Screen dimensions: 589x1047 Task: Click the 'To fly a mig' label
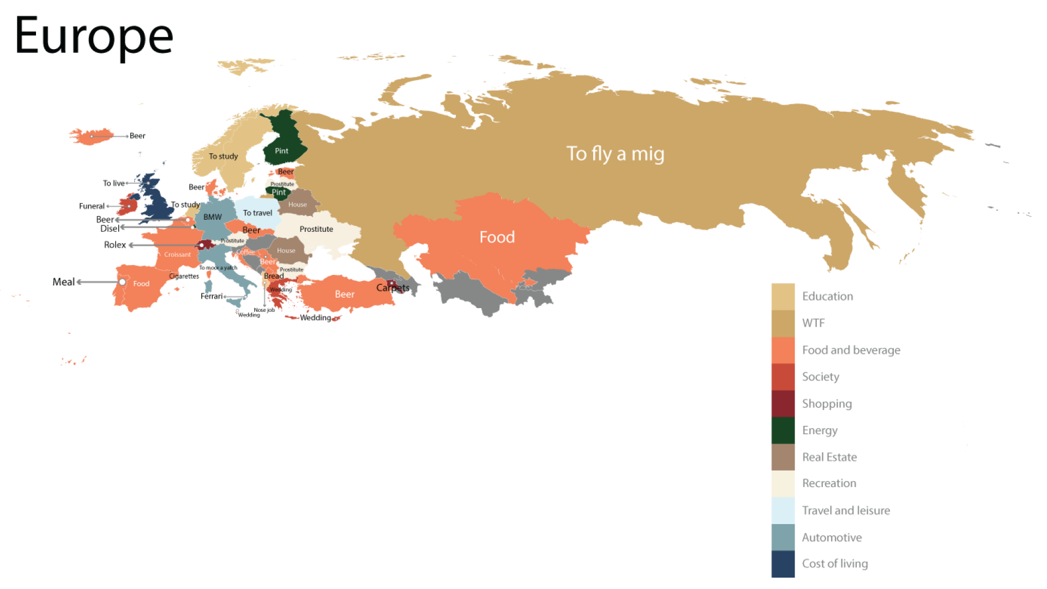click(x=615, y=154)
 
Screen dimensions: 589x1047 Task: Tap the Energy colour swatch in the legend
click(x=783, y=430)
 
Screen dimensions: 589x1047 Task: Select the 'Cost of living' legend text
click(x=834, y=564)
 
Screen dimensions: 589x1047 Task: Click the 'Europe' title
click(x=94, y=36)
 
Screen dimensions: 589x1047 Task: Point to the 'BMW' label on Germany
click(x=213, y=217)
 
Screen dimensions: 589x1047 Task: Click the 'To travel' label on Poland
click(x=257, y=213)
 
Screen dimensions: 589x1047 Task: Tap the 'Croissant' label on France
click(x=178, y=255)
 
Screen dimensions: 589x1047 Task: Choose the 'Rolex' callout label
click(x=115, y=245)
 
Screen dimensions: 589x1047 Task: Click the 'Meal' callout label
click(x=63, y=282)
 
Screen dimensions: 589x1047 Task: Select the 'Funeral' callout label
click(x=92, y=206)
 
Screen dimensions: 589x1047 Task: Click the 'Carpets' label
click(x=393, y=288)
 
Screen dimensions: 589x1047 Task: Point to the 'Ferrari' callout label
click(x=212, y=297)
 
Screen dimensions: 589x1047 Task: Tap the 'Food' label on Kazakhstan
click(x=497, y=237)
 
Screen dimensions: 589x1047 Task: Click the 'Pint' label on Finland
click(x=281, y=151)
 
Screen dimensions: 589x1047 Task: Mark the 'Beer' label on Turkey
click(x=345, y=294)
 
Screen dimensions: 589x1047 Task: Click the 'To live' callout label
click(x=113, y=183)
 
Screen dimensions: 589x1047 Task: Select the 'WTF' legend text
click(x=813, y=323)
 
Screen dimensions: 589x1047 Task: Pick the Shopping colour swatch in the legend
click(x=783, y=404)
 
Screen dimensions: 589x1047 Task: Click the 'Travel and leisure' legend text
click(x=846, y=511)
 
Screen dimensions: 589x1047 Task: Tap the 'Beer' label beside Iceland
click(x=137, y=136)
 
